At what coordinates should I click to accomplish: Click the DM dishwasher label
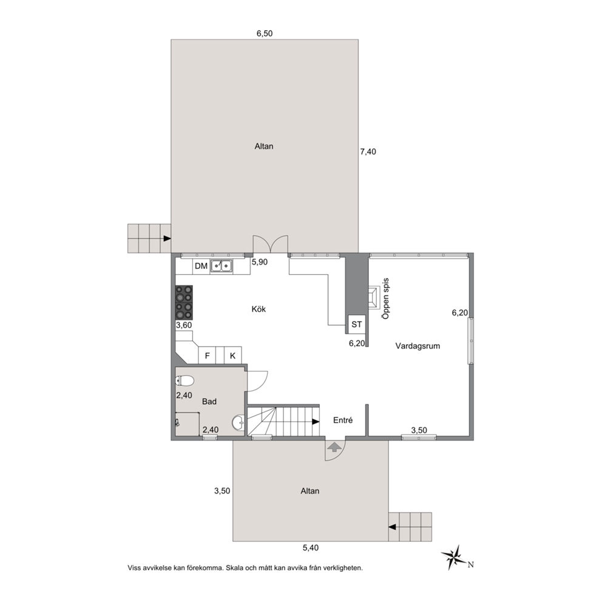[x=201, y=266]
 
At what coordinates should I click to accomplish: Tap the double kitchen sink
[x=221, y=266]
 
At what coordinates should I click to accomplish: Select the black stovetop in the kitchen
[x=184, y=303]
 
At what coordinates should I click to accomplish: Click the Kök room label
[x=259, y=309]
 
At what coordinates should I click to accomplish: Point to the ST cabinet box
[x=357, y=325]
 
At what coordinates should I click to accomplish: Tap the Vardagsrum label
[x=418, y=346]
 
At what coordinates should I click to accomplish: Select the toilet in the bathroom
[x=184, y=380]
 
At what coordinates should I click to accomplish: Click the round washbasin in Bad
[x=238, y=423]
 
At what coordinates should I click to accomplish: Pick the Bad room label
[x=209, y=402]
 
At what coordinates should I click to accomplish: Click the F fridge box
[x=208, y=355]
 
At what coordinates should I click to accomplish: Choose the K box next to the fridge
[x=232, y=355]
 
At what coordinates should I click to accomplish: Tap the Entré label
[x=343, y=421]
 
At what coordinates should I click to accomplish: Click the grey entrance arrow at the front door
[x=334, y=447]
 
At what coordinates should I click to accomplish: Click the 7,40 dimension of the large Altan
[x=368, y=152]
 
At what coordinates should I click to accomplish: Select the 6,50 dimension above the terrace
[x=265, y=33]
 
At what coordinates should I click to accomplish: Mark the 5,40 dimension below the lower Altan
[x=311, y=548]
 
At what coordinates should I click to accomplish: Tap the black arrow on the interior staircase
[x=316, y=422]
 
